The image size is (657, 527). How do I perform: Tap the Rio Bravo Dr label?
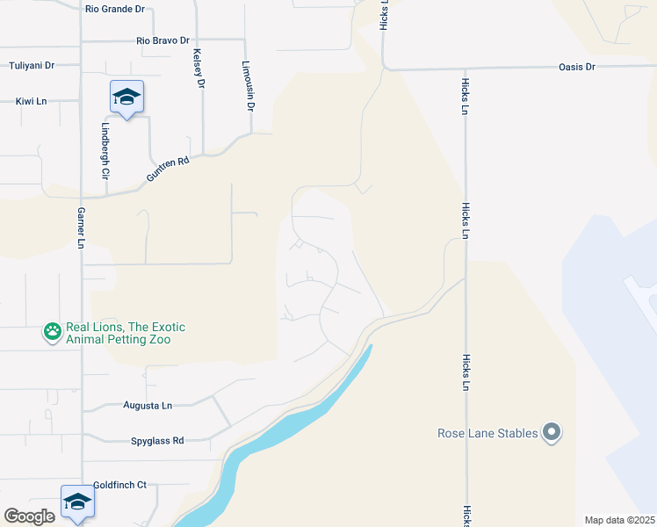click(163, 40)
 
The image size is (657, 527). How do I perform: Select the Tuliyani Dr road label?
click(32, 66)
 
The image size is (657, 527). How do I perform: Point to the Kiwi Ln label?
click(31, 102)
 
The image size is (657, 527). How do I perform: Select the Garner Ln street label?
click(80, 230)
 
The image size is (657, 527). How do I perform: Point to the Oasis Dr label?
click(577, 67)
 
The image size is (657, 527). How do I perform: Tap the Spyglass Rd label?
click(157, 441)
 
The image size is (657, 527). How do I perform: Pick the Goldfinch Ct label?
click(119, 485)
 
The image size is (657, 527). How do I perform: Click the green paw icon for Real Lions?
click(53, 332)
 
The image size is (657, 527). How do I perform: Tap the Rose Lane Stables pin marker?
click(552, 433)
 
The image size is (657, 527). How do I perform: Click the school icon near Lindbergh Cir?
click(126, 97)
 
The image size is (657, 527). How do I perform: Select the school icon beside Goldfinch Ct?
click(77, 502)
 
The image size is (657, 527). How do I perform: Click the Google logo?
click(29, 516)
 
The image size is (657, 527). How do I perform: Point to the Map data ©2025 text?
click(619, 520)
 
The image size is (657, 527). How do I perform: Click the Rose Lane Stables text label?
click(487, 433)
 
